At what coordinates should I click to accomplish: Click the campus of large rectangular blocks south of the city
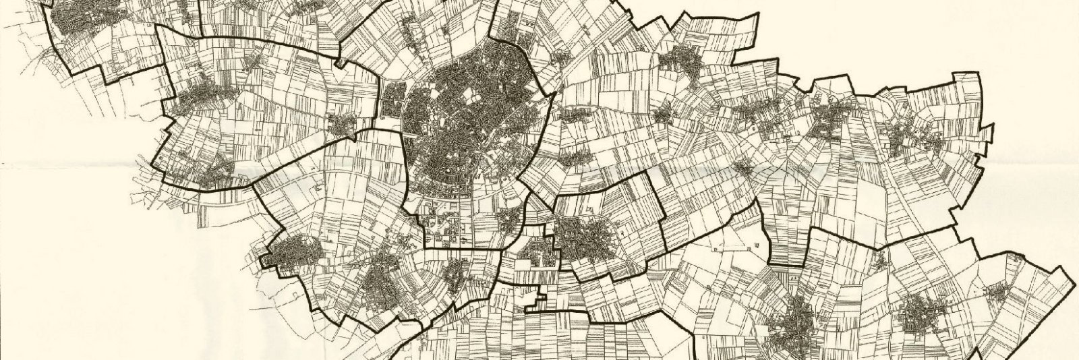pyautogui.click(x=445, y=229)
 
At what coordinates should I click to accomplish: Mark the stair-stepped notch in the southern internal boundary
pyautogui.click(x=536, y=297)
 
